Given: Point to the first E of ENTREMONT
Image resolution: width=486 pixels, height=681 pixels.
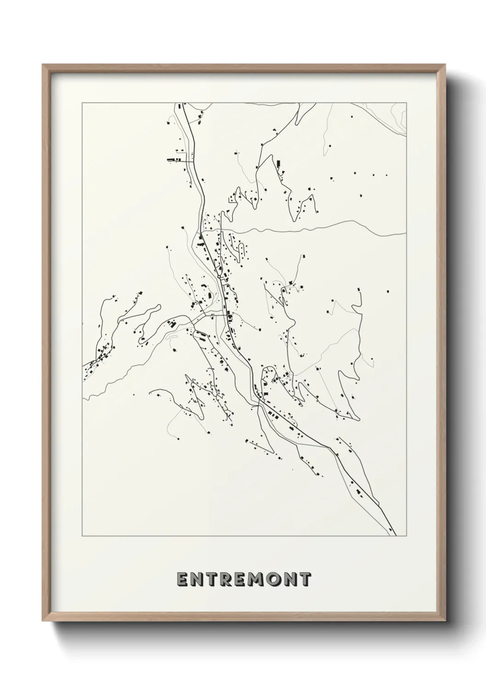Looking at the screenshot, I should point(182,580).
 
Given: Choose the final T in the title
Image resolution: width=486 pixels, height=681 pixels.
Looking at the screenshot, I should point(305,580).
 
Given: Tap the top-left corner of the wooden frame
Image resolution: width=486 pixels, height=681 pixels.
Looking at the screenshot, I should point(43,65).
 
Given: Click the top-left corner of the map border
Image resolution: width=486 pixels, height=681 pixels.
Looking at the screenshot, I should point(82,103).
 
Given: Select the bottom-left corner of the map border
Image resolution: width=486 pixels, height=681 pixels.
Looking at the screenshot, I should point(82,536).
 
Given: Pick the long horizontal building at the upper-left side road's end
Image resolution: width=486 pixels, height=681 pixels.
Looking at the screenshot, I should point(173,160).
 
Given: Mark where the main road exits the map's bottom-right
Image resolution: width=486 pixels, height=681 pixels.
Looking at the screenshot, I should point(394,534).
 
